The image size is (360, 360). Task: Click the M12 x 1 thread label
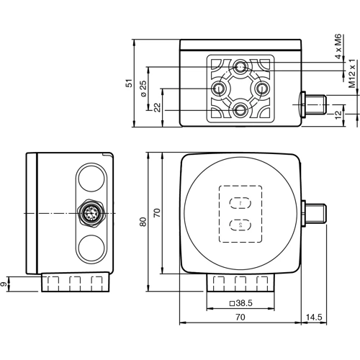coord(352,73)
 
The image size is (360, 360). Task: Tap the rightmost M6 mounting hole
coord(262,89)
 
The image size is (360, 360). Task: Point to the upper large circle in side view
coord(91,179)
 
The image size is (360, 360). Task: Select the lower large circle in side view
coord(91,249)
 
